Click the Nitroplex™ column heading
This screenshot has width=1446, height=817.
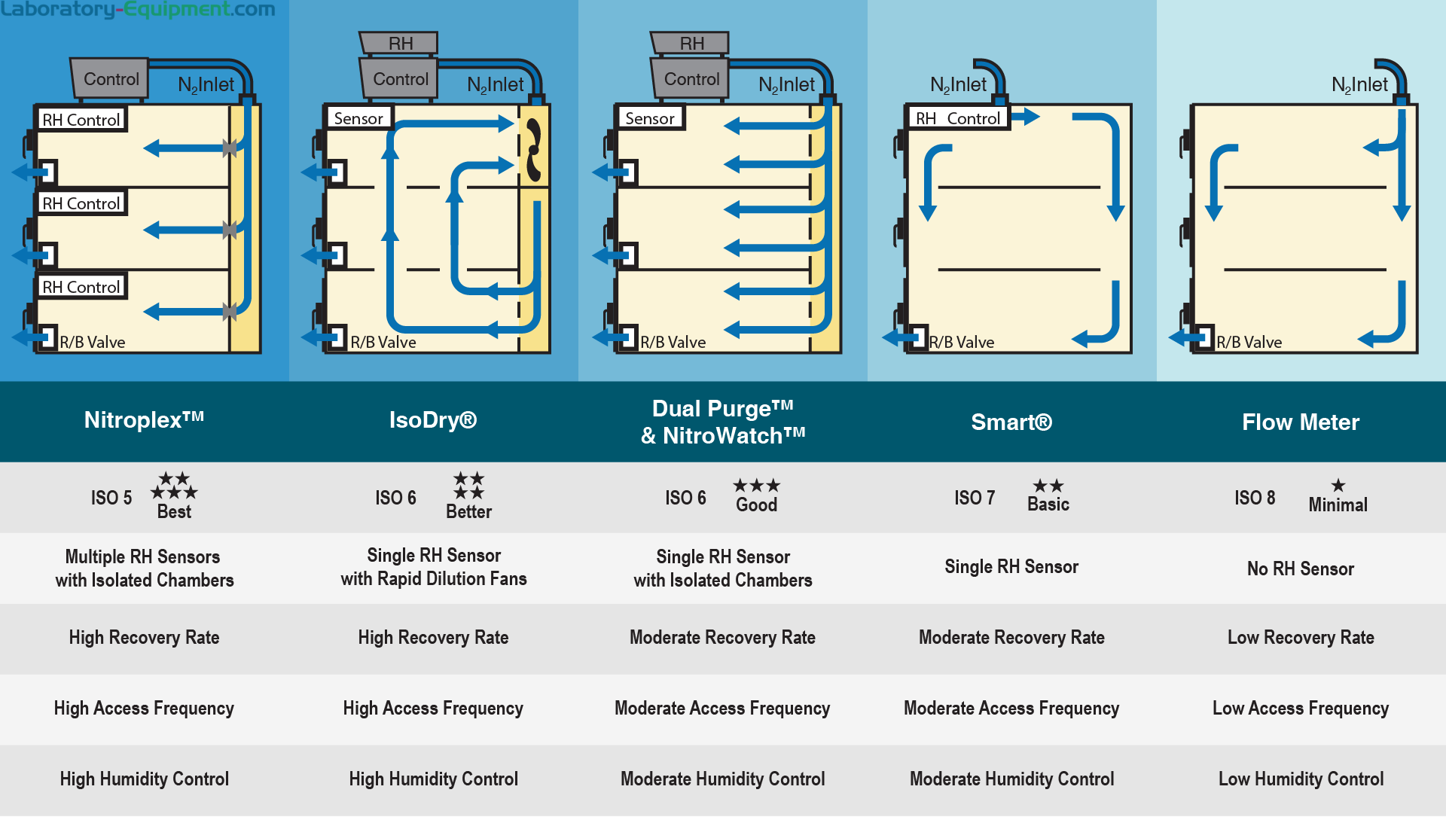tap(144, 420)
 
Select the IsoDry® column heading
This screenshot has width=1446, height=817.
tap(433, 420)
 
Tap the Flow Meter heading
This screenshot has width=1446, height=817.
tap(1301, 422)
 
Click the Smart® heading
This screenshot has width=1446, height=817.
tap(1011, 422)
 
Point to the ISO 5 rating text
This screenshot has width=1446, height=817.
tap(111, 498)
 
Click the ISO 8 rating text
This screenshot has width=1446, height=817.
tap(1255, 498)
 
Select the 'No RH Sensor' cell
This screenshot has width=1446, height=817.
tap(1301, 569)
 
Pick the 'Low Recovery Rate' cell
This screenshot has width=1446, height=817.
tap(1301, 638)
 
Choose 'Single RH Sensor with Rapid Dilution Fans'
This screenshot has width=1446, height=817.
tap(434, 567)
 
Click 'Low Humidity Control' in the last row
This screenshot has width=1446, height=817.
tap(1301, 779)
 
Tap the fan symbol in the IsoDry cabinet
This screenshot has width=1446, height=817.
tap(533, 151)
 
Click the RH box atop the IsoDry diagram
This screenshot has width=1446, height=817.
tap(400, 44)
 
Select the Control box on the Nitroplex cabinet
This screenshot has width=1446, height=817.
tap(111, 79)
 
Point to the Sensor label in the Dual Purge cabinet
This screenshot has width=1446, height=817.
tap(650, 118)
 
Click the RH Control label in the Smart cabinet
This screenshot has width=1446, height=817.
tap(958, 118)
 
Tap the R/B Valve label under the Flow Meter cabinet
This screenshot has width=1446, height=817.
tap(1249, 342)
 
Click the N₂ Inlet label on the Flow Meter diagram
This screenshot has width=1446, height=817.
tap(1359, 85)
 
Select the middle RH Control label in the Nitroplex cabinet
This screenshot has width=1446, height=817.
tap(81, 203)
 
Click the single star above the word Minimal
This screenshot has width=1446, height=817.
tap(1338, 486)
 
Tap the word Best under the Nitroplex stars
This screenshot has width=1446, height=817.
tap(174, 512)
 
